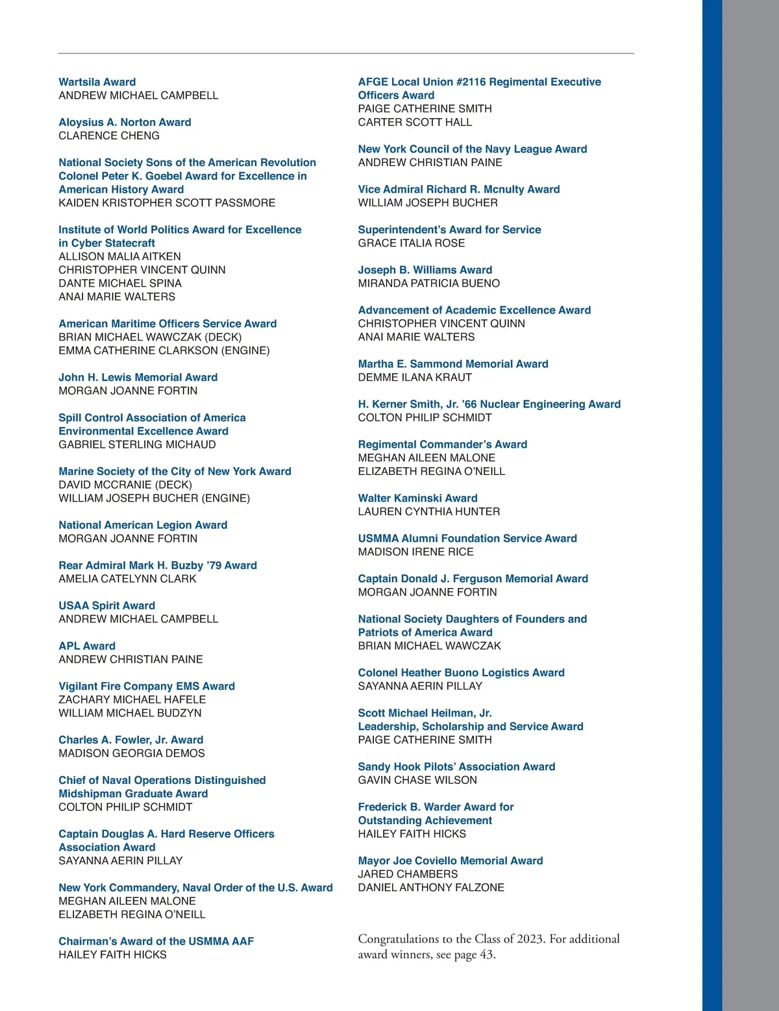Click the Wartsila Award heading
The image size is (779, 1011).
97,82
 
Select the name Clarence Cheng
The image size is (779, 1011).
108,136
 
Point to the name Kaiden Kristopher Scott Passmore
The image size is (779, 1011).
167,202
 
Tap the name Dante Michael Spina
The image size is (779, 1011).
120,283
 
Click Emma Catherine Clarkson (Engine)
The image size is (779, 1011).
164,350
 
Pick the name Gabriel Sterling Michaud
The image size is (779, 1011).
137,445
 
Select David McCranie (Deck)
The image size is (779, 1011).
125,485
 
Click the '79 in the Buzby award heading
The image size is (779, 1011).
214,565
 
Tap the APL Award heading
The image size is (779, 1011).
87,646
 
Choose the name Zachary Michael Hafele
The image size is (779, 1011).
132,700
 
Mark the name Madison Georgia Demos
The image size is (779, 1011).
131,753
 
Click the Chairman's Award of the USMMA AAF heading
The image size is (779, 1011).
156,941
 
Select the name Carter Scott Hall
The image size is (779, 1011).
415,122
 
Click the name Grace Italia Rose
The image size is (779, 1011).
411,243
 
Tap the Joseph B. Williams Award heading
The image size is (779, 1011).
425,269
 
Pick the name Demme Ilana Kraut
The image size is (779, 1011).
415,377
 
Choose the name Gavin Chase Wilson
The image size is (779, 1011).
417,780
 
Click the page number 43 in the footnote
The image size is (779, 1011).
486,955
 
